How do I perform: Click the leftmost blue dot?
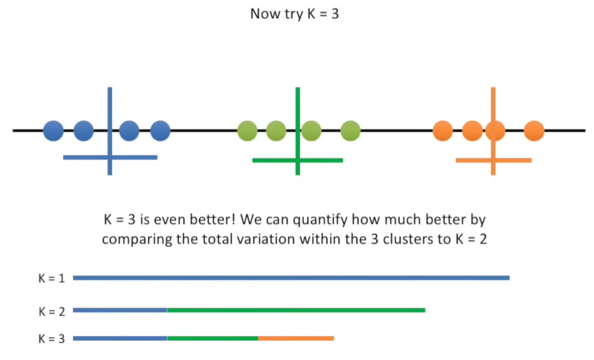tap(53, 130)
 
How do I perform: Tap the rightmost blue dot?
tap(160, 130)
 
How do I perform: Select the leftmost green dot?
tap(247, 131)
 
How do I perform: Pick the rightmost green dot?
tap(350, 131)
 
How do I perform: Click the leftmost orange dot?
tap(443, 131)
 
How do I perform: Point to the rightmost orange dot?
tap(534, 131)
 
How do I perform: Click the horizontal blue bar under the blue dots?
tap(84, 158)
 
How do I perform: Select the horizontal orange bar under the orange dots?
tap(472, 160)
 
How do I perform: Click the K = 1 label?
tap(51, 278)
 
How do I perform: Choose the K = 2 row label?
tap(51, 310)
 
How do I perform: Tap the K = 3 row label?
tap(51, 339)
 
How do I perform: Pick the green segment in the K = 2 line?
tap(296, 310)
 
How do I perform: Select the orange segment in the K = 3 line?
tap(296, 339)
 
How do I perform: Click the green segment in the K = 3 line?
tap(212, 339)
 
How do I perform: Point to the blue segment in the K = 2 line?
tap(119, 310)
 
